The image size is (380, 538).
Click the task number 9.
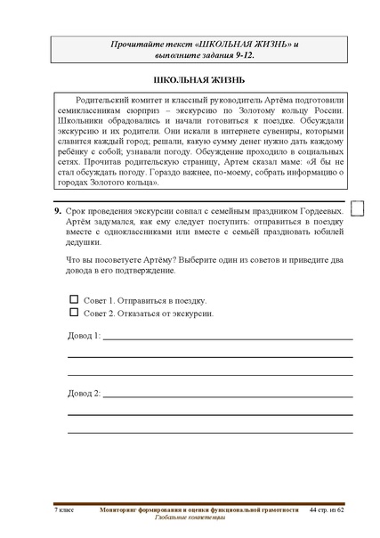[x=57, y=210]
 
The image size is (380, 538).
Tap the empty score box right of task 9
[x=360, y=208]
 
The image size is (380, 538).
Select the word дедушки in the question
[x=85, y=241]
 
